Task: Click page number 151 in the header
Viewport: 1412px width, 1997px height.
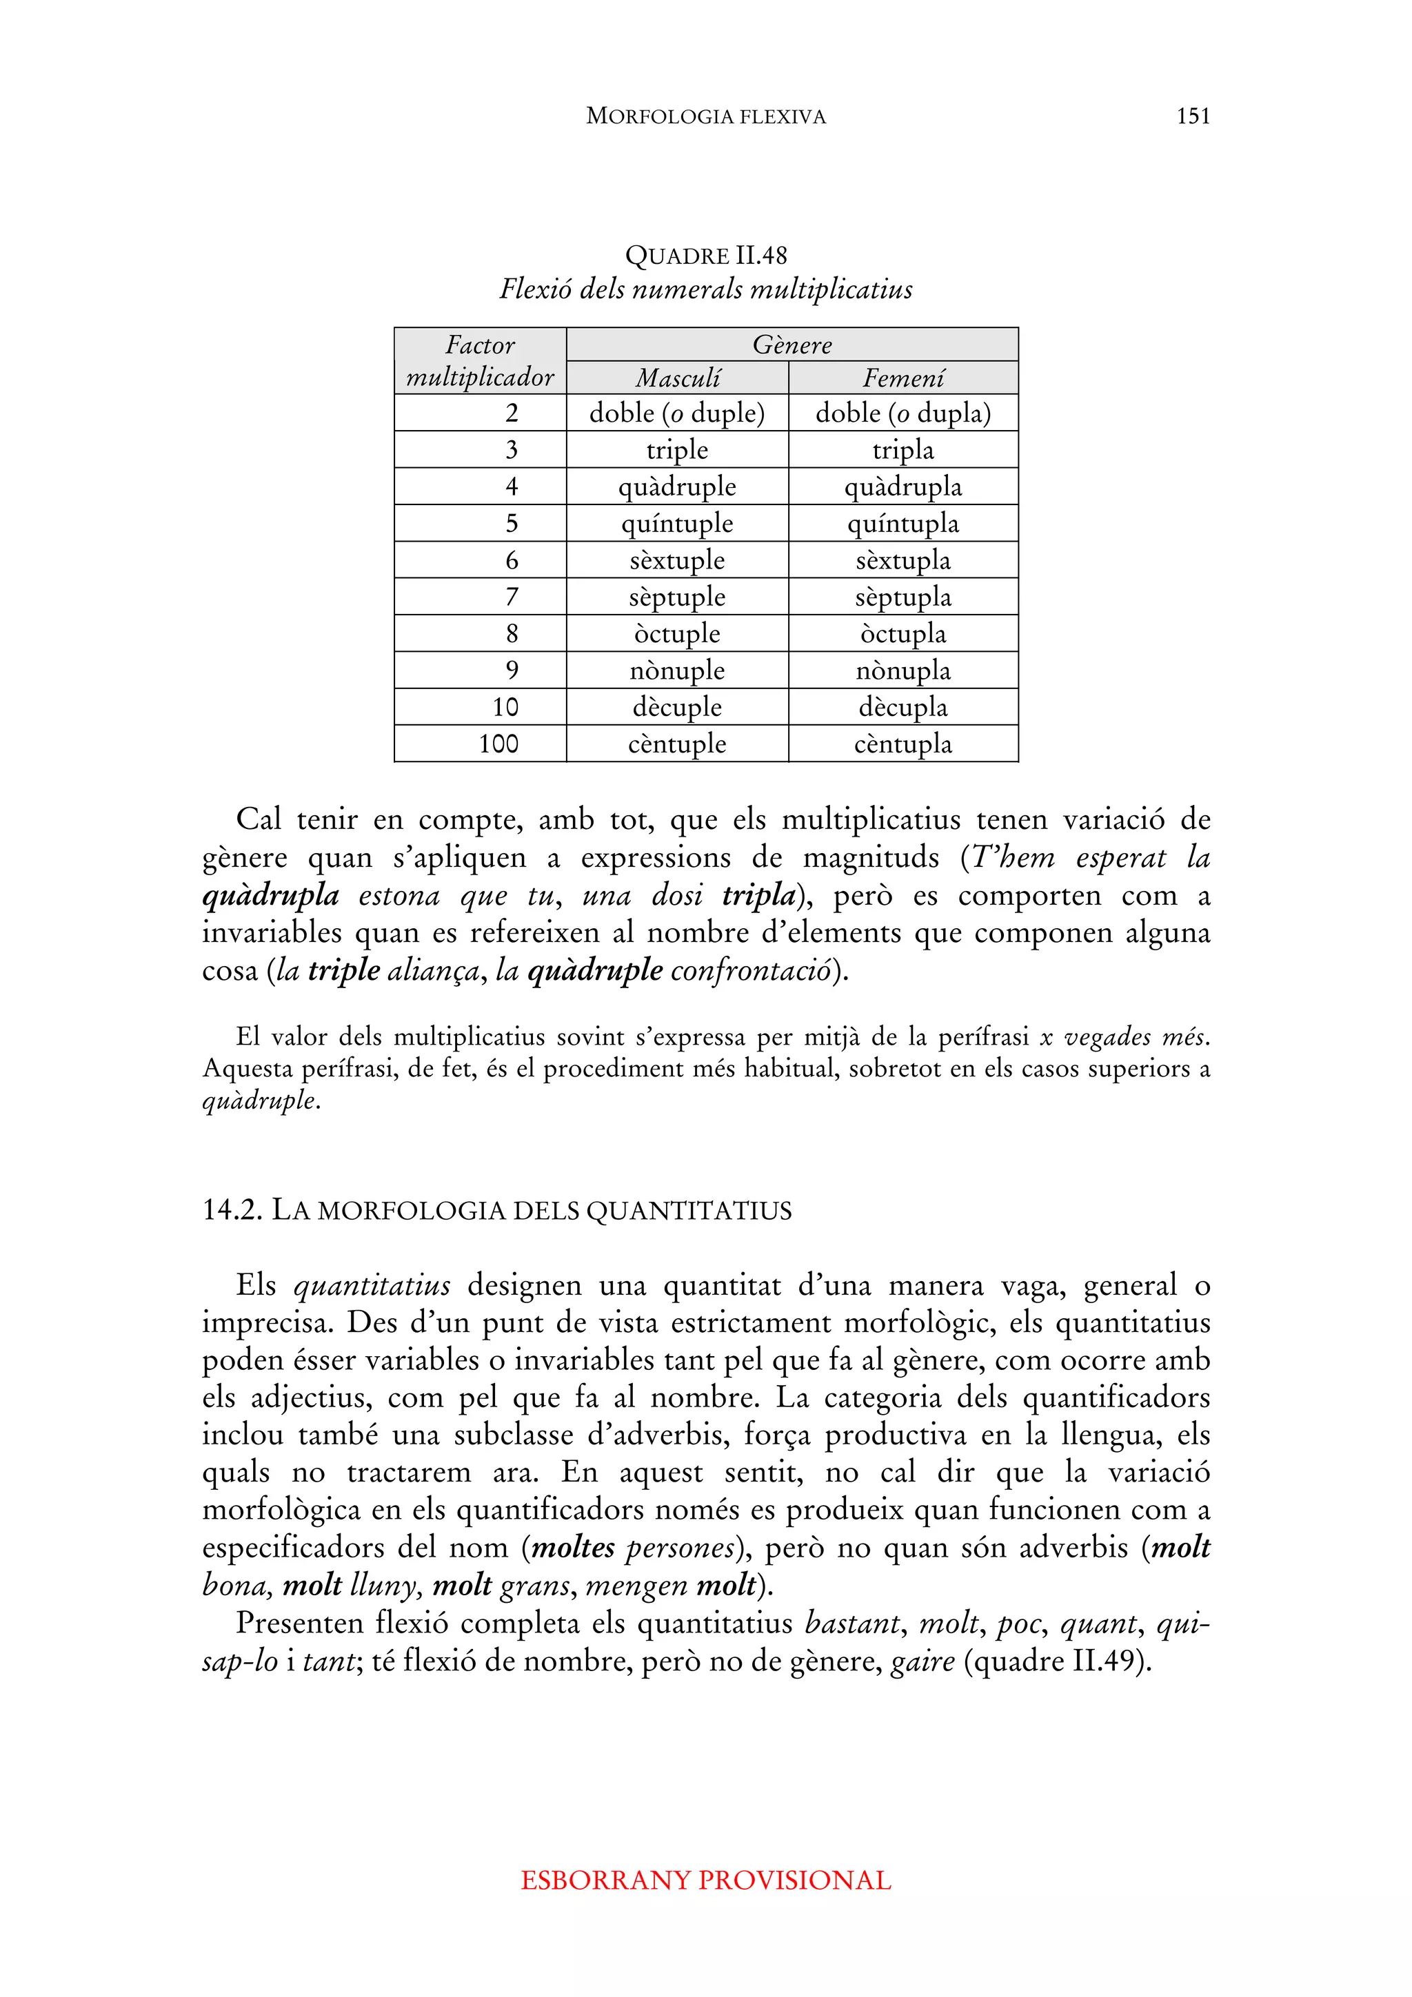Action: pyautogui.click(x=1193, y=116)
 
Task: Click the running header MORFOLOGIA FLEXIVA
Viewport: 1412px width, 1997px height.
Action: pyautogui.click(x=705, y=116)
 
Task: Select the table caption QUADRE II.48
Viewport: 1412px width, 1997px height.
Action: pyautogui.click(x=705, y=255)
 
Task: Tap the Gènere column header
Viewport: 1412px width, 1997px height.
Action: pyautogui.click(x=791, y=345)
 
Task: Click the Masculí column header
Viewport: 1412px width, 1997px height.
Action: pyautogui.click(x=677, y=378)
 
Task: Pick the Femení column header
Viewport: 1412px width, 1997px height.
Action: pyautogui.click(x=903, y=378)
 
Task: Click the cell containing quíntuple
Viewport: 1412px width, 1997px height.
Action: pyautogui.click(x=677, y=524)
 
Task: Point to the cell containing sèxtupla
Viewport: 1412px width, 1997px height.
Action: pyautogui.click(x=903, y=560)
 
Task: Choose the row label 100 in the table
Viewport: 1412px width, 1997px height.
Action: pyautogui.click(x=498, y=744)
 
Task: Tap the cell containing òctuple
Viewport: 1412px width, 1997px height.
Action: pyautogui.click(x=677, y=633)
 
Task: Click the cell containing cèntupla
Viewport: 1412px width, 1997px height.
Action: pyautogui.click(x=903, y=744)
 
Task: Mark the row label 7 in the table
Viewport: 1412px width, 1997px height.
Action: pyautogui.click(x=512, y=597)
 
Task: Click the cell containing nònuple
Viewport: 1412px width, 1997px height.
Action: pyautogui.click(x=677, y=670)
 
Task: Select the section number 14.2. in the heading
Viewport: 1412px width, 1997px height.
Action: pyautogui.click(x=232, y=1210)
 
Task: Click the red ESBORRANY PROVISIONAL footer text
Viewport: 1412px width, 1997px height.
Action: pyautogui.click(x=705, y=1880)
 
